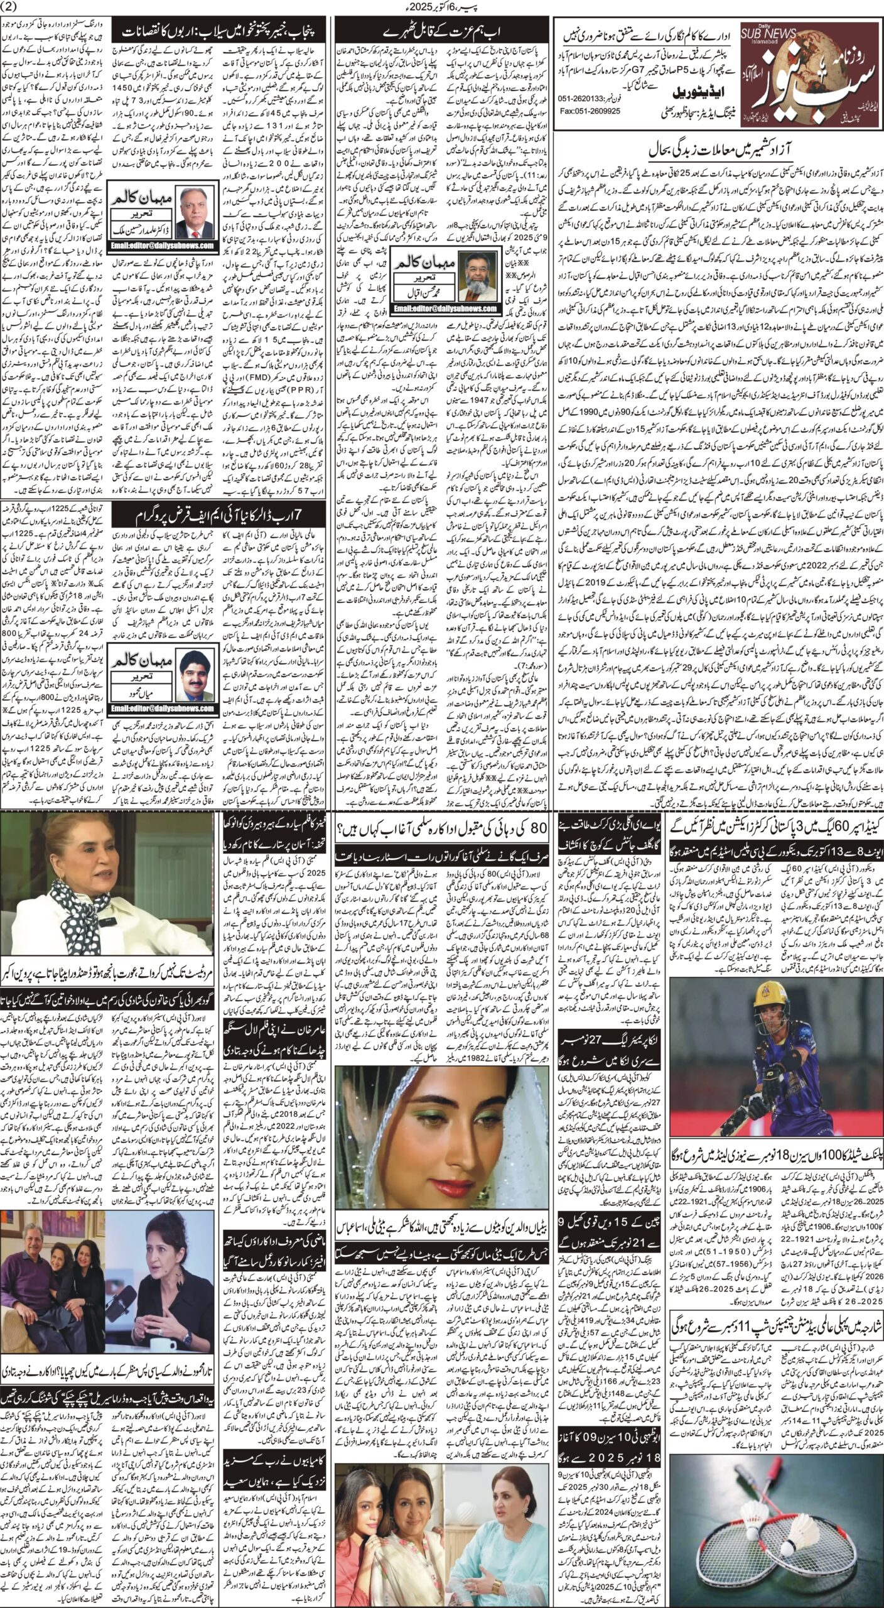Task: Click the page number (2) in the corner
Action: pos(12,8)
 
